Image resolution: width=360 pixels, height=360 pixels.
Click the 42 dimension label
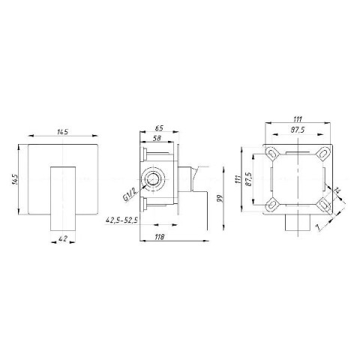63,238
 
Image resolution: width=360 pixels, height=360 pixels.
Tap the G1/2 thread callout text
130,194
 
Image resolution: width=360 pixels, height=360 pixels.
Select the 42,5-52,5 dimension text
121,220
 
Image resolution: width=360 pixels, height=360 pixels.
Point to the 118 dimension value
160,237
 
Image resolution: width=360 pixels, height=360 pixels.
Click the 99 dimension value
220,199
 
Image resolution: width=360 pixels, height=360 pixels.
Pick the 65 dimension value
159,128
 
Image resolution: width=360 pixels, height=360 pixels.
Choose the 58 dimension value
157,138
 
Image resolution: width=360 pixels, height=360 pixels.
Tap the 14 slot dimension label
337,190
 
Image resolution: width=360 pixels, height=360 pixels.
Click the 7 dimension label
317,227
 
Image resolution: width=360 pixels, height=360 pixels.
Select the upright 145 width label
63,132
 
